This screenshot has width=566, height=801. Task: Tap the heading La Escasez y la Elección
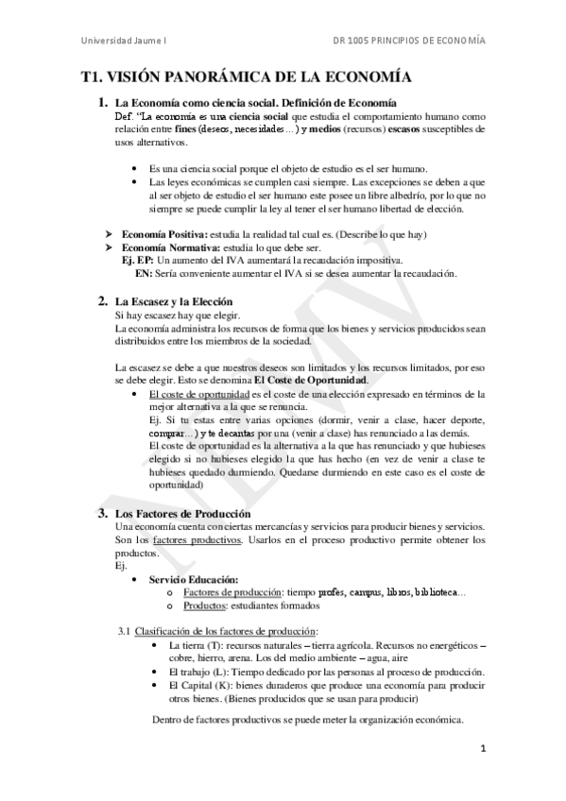point(180,301)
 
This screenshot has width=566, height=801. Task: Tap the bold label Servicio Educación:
point(195,579)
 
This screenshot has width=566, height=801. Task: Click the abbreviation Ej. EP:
point(138,259)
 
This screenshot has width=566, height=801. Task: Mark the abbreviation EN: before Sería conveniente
point(144,273)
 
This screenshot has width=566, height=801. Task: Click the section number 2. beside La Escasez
point(103,301)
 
